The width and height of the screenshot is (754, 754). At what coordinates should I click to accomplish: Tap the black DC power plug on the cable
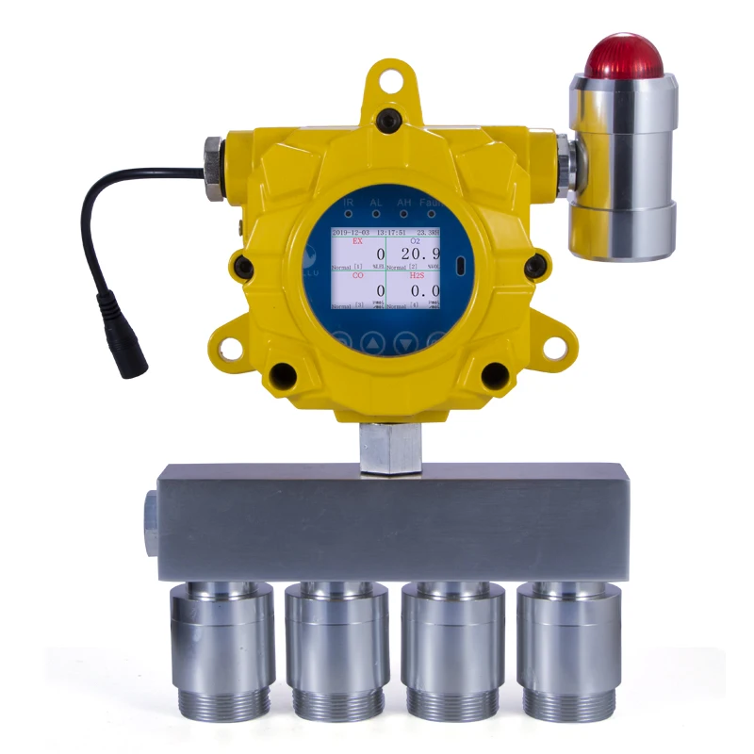(123, 336)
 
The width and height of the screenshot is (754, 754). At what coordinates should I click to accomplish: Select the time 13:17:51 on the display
(390, 231)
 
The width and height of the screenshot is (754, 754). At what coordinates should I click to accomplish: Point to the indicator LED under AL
(376, 214)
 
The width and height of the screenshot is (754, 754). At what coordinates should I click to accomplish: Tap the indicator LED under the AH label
(404, 214)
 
